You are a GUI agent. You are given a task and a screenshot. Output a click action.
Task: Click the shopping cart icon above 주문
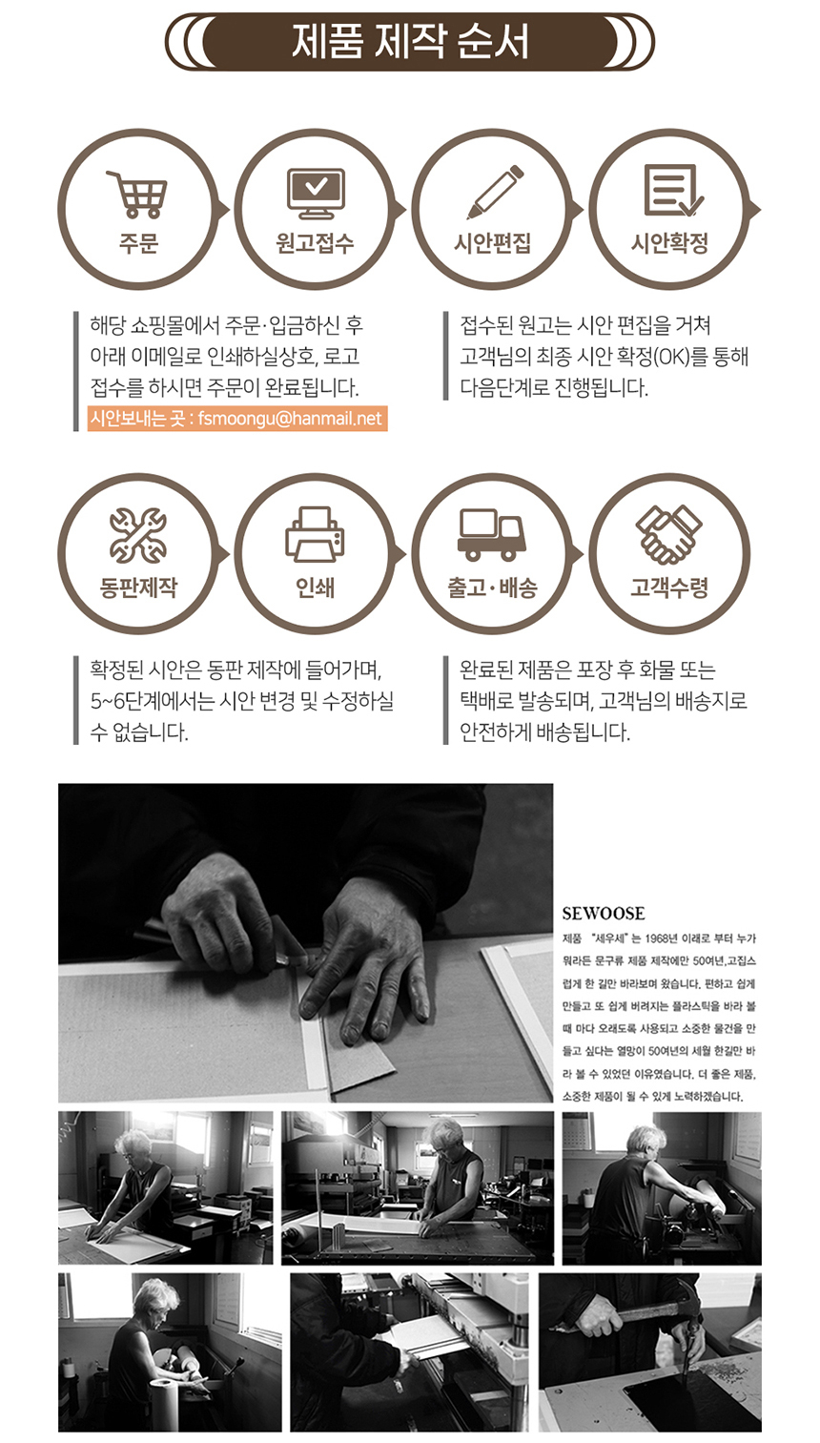138,194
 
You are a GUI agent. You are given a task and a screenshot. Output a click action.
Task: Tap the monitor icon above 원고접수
316,193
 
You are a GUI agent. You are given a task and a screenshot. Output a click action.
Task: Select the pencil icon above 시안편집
494,192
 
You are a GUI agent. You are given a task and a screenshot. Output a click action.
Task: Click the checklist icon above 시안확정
672,191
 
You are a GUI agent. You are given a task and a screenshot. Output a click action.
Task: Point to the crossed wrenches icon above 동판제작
138,535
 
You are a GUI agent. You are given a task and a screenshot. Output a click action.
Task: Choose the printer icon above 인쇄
316,534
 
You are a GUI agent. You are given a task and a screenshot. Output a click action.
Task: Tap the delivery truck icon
492,534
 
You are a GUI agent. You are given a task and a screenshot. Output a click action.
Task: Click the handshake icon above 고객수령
669,533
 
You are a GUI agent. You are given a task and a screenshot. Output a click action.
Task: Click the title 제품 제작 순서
410,43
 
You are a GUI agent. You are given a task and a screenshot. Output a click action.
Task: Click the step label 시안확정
669,244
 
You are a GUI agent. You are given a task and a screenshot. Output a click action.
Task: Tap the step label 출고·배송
492,588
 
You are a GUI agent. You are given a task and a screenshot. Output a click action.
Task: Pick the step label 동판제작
138,588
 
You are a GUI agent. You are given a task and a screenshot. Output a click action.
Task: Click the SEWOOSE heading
604,914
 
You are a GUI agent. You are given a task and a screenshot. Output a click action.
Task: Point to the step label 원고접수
316,244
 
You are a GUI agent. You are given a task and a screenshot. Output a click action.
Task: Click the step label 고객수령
669,588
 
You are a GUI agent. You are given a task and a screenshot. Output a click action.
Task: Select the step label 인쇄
316,588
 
